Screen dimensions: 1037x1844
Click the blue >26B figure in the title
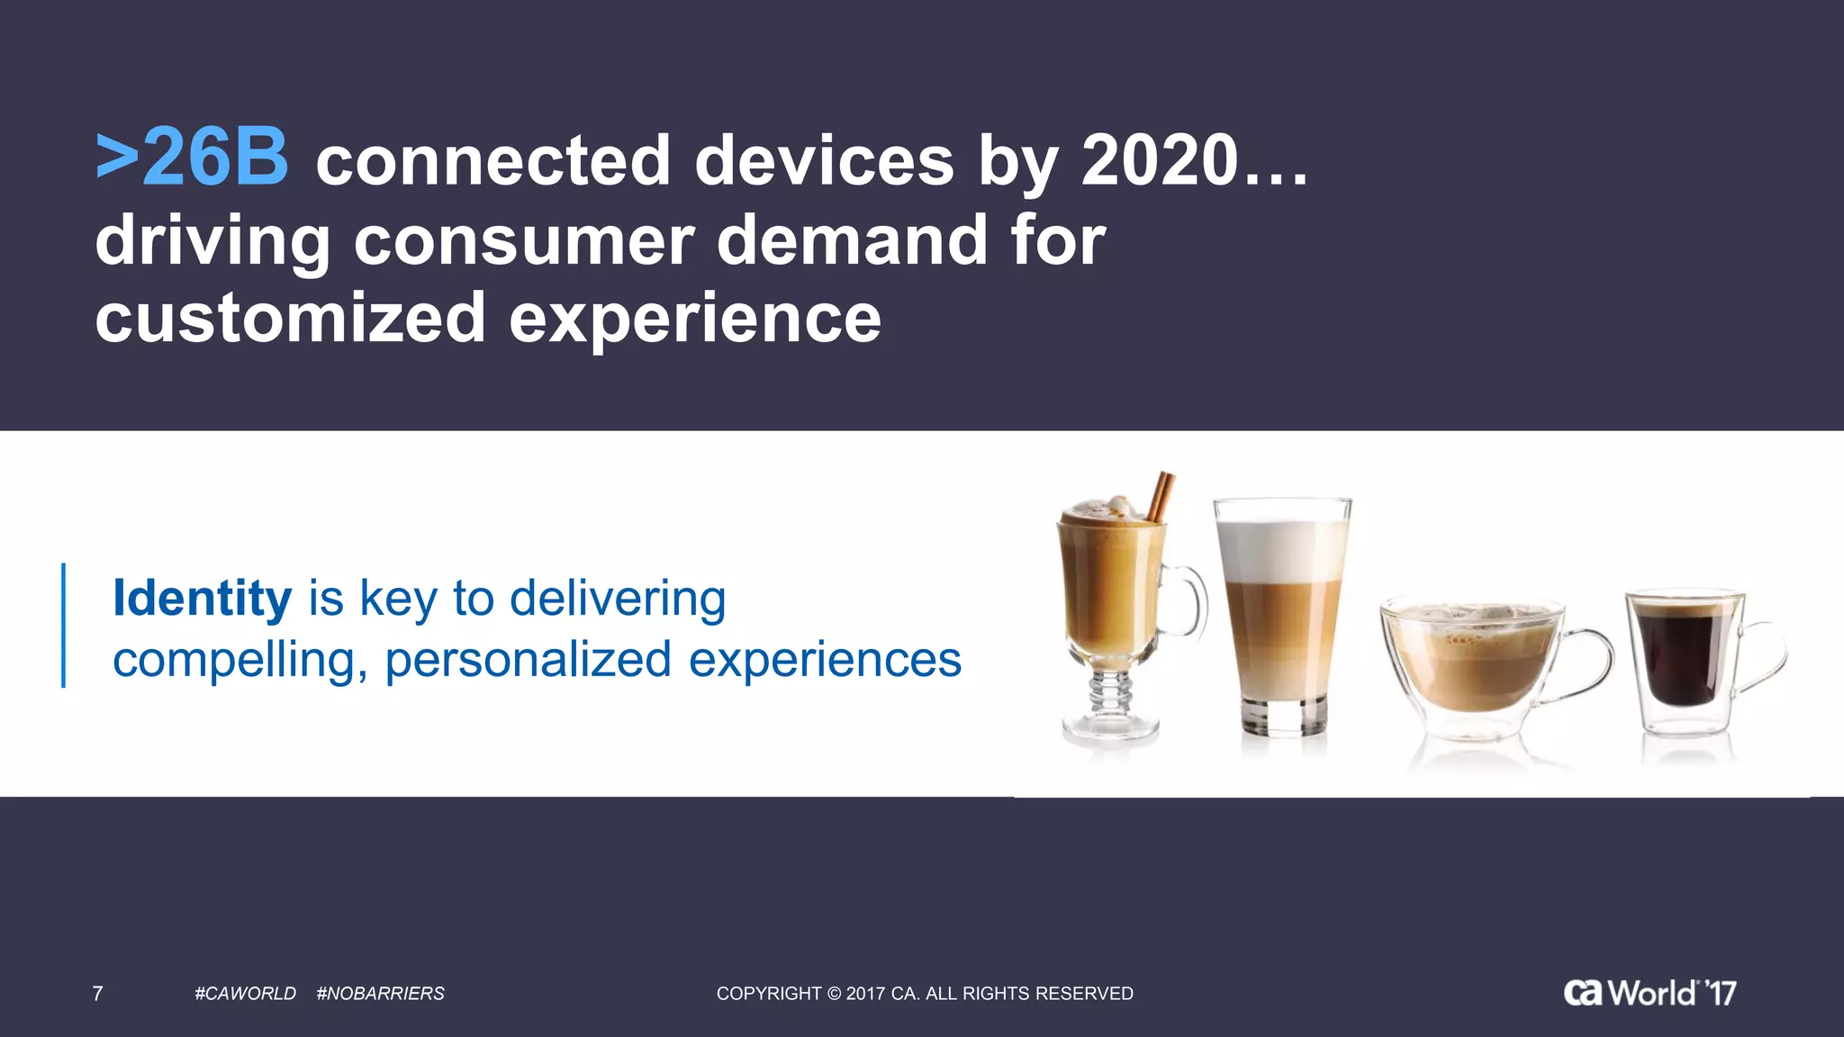pyautogui.click(x=192, y=159)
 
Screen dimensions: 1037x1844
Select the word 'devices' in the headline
pyautogui.click(x=824, y=161)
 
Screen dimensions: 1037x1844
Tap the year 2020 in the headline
pyautogui.click(x=1160, y=161)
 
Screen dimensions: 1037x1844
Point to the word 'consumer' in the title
pyautogui.click(x=523, y=240)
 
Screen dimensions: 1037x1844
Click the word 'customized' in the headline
pyautogui.click(x=290, y=319)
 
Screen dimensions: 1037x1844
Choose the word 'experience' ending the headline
pyautogui.click(x=695, y=319)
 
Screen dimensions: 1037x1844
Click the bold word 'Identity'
pyautogui.click(x=202, y=599)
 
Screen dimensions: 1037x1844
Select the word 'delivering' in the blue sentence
pyautogui.click(x=617, y=599)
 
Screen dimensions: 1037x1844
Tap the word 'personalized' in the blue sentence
pyautogui.click(x=528, y=660)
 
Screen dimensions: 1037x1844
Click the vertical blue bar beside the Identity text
pyautogui.click(x=63, y=625)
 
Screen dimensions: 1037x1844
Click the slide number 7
pyautogui.click(x=97, y=994)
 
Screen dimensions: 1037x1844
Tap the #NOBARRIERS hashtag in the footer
pyautogui.click(x=380, y=994)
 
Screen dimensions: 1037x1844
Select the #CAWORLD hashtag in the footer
pyautogui.click(x=245, y=994)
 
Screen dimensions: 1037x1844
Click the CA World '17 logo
pyautogui.click(x=1650, y=992)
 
